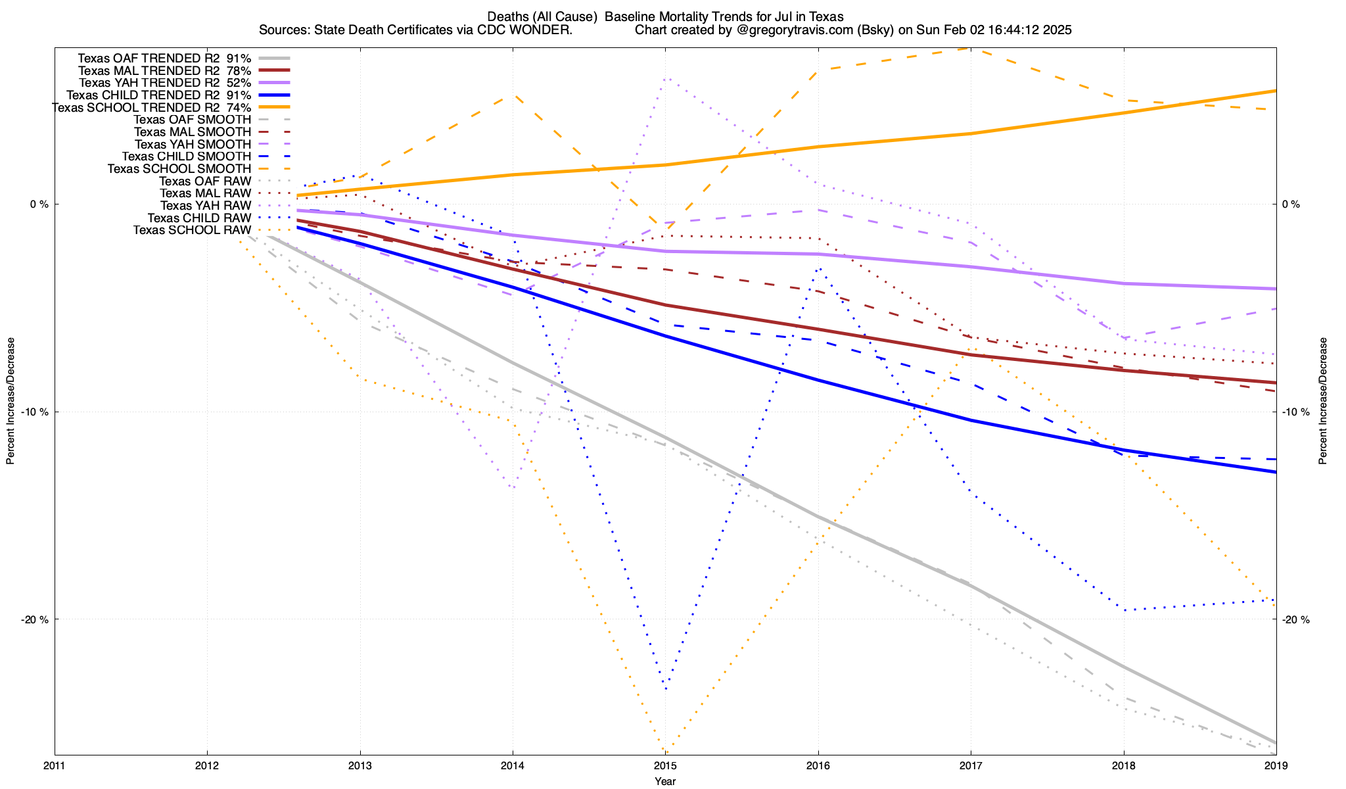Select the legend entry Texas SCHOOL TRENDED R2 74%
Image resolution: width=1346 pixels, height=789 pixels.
pos(151,108)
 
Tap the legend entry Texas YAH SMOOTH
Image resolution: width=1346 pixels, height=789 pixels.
pos(193,145)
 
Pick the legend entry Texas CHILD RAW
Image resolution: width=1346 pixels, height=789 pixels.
pos(199,218)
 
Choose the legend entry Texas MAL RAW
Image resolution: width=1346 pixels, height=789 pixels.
pos(205,193)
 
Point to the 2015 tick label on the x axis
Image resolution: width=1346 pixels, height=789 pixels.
pos(665,765)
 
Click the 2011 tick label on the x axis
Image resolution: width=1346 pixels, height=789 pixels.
pos(55,765)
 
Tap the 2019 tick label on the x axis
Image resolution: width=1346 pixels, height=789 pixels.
pos(1276,765)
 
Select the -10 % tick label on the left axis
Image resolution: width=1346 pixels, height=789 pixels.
pos(35,412)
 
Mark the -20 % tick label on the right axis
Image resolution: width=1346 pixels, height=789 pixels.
pos(1295,619)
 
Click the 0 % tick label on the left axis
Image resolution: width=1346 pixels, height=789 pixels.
pos(39,204)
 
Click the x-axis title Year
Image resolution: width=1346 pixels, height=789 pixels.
pos(665,781)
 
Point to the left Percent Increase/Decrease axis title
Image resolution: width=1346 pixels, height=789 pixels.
pos(11,401)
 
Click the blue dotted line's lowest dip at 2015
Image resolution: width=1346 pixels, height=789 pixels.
pos(666,688)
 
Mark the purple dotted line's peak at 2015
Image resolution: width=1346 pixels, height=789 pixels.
pos(665,79)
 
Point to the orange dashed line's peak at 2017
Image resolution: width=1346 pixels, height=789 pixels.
pos(971,48)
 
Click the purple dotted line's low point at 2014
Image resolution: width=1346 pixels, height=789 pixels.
pos(513,487)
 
